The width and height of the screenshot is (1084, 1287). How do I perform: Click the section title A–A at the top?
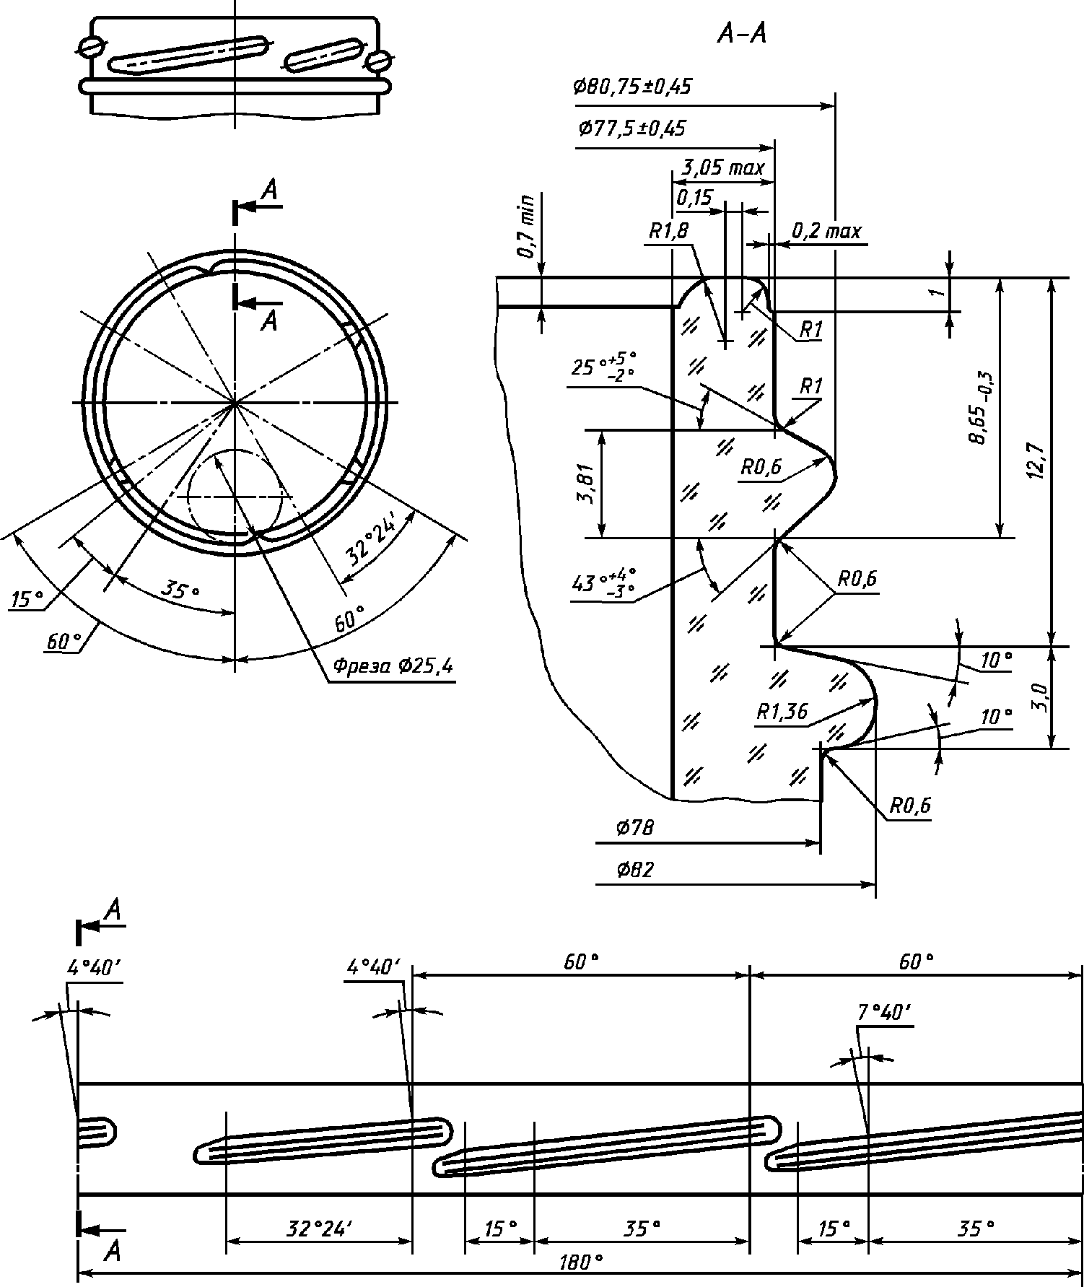point(741,34)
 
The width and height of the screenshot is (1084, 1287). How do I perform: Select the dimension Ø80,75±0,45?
point(632,87)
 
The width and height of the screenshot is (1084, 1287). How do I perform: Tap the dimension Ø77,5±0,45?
point(632,129)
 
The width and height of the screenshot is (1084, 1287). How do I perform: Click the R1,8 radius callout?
point(668,231)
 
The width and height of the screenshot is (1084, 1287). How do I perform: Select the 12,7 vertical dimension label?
point(1037,461)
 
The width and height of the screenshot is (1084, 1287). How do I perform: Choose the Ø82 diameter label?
point(635,871)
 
